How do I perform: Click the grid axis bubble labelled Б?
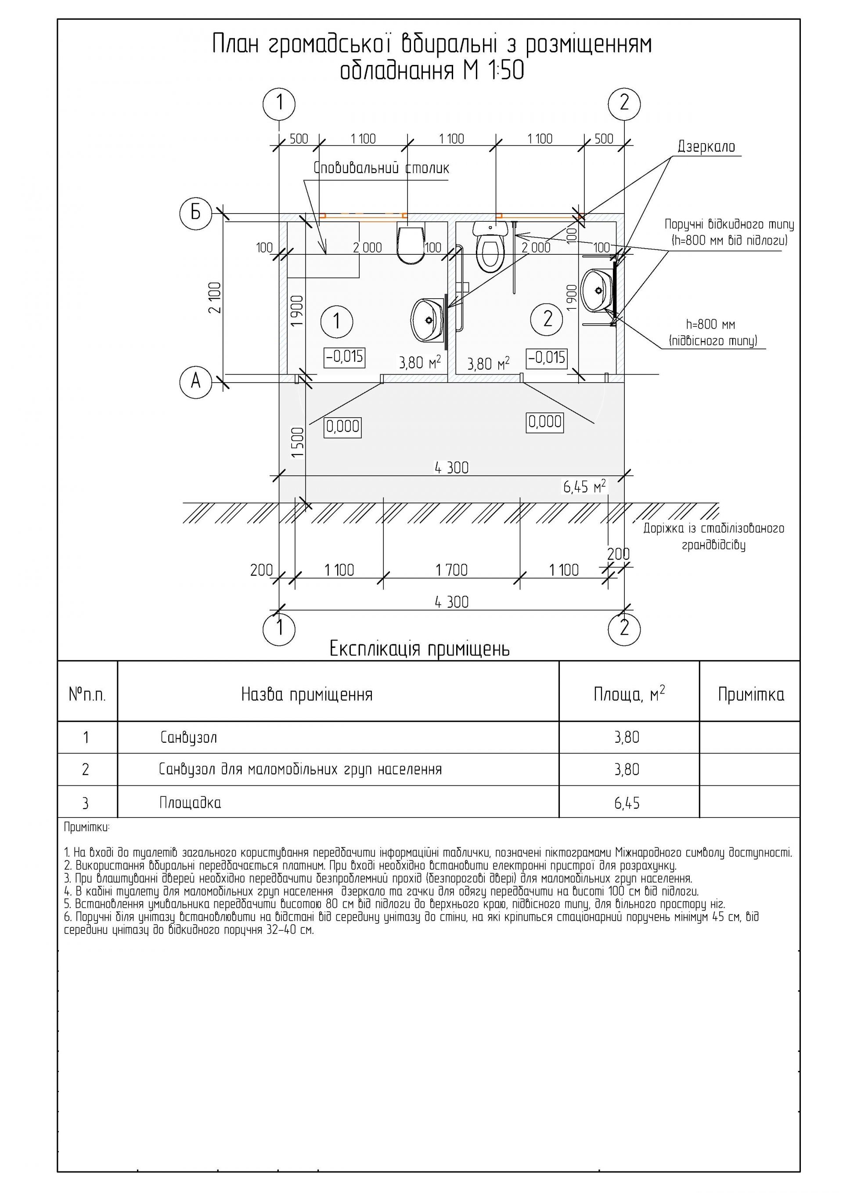[x=195, y=213]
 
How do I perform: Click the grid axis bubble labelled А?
[x=195, y=382]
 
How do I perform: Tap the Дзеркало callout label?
[x=706, y=147]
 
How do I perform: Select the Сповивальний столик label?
[x=381, y=168]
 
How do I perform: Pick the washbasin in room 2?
[x=598, y=290]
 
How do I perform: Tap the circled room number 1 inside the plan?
[x=337, y=321]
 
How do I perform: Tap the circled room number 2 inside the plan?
[x=548, y=318]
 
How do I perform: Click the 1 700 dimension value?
[x=451, y=570]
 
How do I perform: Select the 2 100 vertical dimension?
[x=215, y=297]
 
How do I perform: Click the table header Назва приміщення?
[x=307, y=695]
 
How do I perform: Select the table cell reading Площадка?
[x=190, y=803]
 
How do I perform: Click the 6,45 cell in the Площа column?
[x=627, y=803]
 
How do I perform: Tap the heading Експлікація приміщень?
[x=420, y=649]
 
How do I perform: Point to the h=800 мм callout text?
[x=710, y=325]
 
